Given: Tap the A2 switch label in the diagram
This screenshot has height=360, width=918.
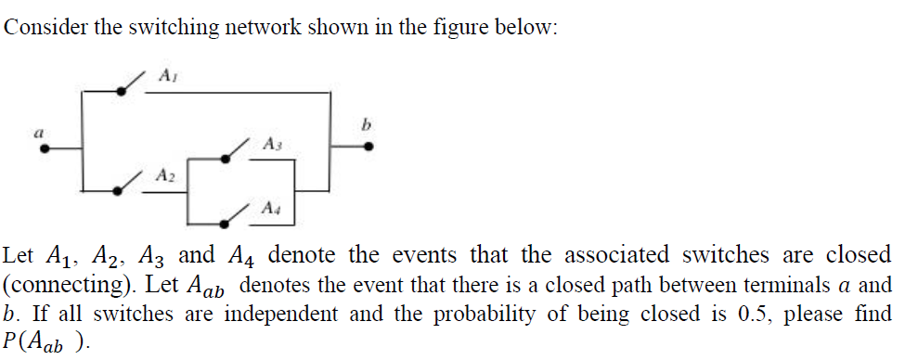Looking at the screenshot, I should point(164,174).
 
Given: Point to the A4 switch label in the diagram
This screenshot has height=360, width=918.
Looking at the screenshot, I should point(270,206).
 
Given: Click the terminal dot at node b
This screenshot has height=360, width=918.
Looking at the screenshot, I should point(369,147).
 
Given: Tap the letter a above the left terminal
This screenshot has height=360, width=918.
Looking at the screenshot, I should point(38,133).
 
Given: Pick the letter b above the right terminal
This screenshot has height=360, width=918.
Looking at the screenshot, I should point(367,124).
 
